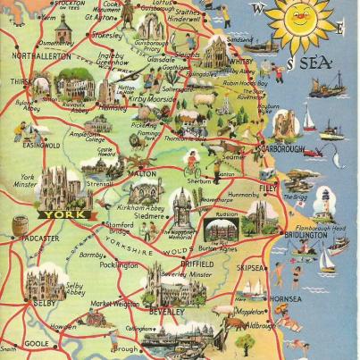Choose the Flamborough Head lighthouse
click(323, 204)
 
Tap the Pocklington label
click(120, 265)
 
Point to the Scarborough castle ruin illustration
click(287, 121)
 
